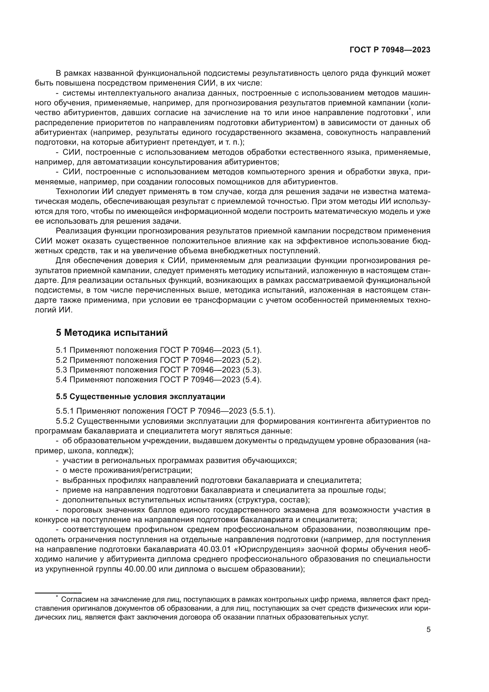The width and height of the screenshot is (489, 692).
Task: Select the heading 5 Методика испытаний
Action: [x=111, y=333]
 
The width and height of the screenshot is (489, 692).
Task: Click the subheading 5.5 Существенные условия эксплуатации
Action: [x=140, y=396]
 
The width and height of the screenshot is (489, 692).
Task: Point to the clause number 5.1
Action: [x=61, y=350]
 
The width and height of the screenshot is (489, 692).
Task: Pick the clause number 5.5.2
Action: [x=65, y=421]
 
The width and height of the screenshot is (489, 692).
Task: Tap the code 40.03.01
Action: [x=215, y=549]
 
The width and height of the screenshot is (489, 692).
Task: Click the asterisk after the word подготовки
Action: [x=409, y=110]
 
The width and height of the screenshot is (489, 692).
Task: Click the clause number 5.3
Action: [x=61, y=370]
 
